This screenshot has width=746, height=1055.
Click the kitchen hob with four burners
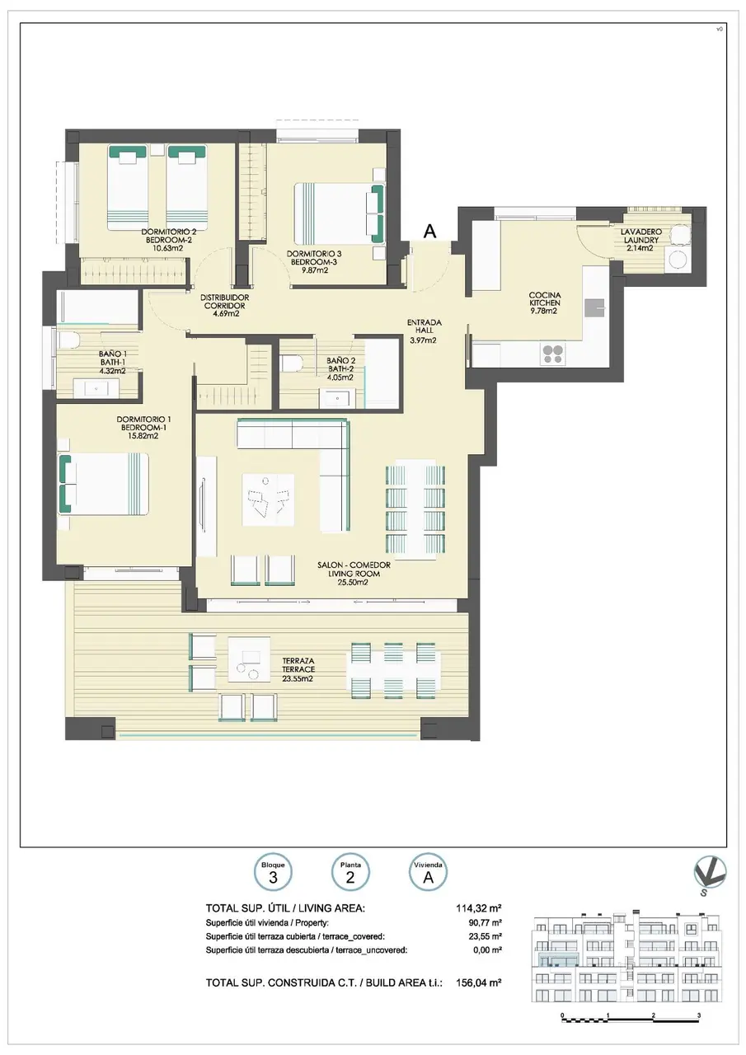pyautogui.click(x=552, y=354)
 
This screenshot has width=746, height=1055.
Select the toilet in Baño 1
pyautogui.click(x=69, y=339)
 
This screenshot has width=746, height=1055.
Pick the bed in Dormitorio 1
pyautogui.click(x=104, y=484)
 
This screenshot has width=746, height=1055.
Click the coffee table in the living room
pyautogui.click(x=268, y=499)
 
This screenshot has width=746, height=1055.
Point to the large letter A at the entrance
pyautogui.click(x=430, y=232)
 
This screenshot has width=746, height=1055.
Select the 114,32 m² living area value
pyautogui.click(x=478, y=907)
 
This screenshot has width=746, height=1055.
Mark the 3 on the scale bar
pyautogui.click(x=699, y=1012)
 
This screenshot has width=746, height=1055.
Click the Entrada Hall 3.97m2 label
pyautogui.click(x=425, y=331)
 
